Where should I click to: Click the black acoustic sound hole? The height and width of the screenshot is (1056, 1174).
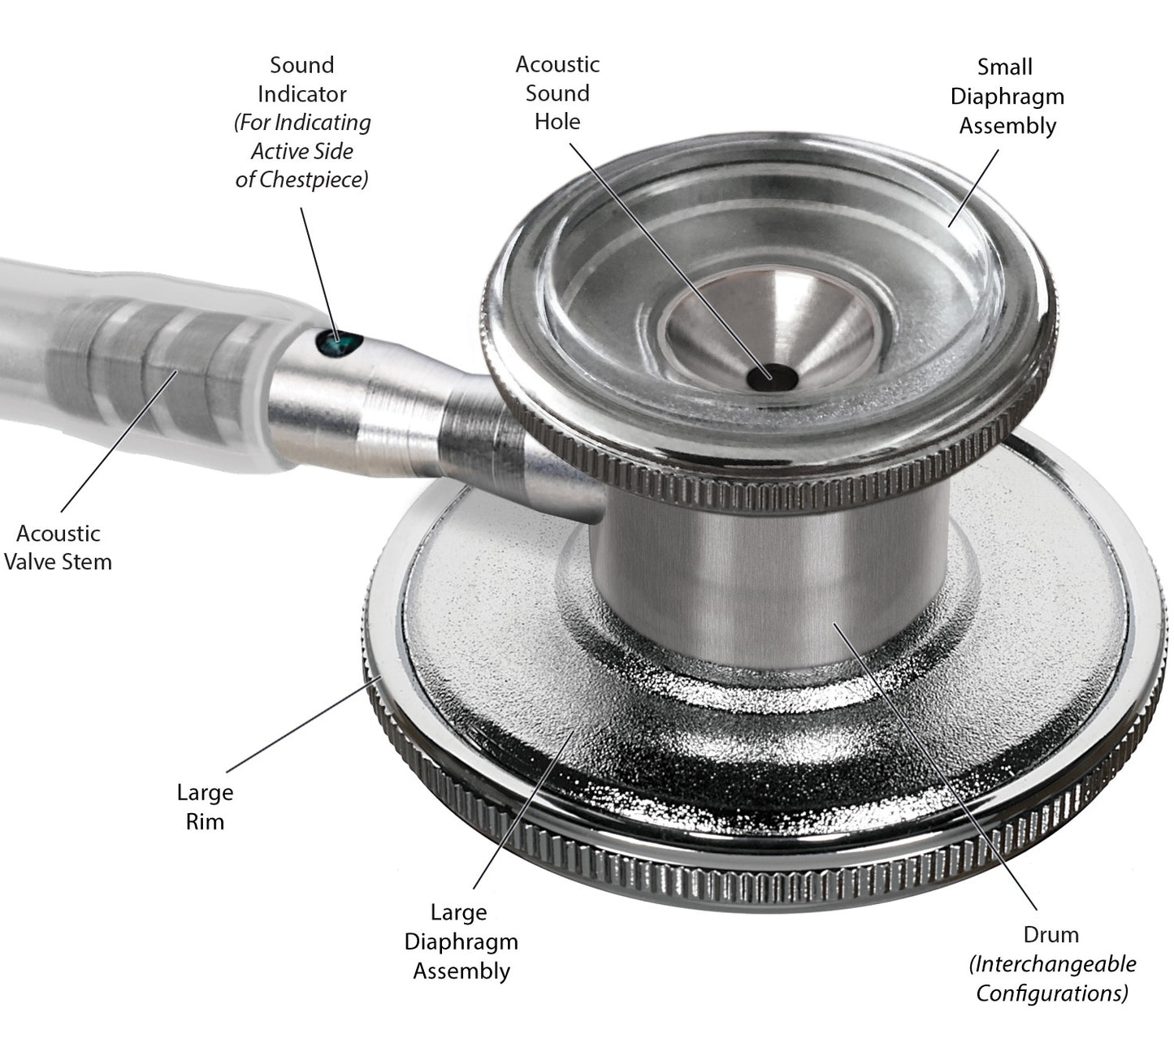click(x=772, y=377)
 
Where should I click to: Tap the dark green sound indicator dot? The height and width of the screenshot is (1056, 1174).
click(x=339, y=343)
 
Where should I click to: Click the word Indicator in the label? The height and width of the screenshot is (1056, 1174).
click(x=302, y=93)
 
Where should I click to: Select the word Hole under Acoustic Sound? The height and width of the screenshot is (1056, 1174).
click(x=557, y=122)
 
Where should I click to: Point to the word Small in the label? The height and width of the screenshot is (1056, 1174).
click(x=1005, y=67)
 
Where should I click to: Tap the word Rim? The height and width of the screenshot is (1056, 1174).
click(x=205, y=822)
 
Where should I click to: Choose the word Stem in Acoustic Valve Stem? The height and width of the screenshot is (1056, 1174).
click(x=87, y=562)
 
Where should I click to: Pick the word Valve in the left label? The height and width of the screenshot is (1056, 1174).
click(x=30, y=562)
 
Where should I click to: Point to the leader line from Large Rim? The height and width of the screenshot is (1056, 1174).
click(x=305, y=724)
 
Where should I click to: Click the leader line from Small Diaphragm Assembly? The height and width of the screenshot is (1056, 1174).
click(x=973, y=188)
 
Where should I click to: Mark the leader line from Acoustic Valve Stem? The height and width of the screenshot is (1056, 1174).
click(x=119, y=441)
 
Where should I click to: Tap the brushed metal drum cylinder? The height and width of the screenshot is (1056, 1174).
click(x=771, y=586)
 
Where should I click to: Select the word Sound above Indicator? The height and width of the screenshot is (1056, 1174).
click(x=302, y=65)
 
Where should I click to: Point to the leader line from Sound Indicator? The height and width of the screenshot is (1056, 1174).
click(x=319, y=274)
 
